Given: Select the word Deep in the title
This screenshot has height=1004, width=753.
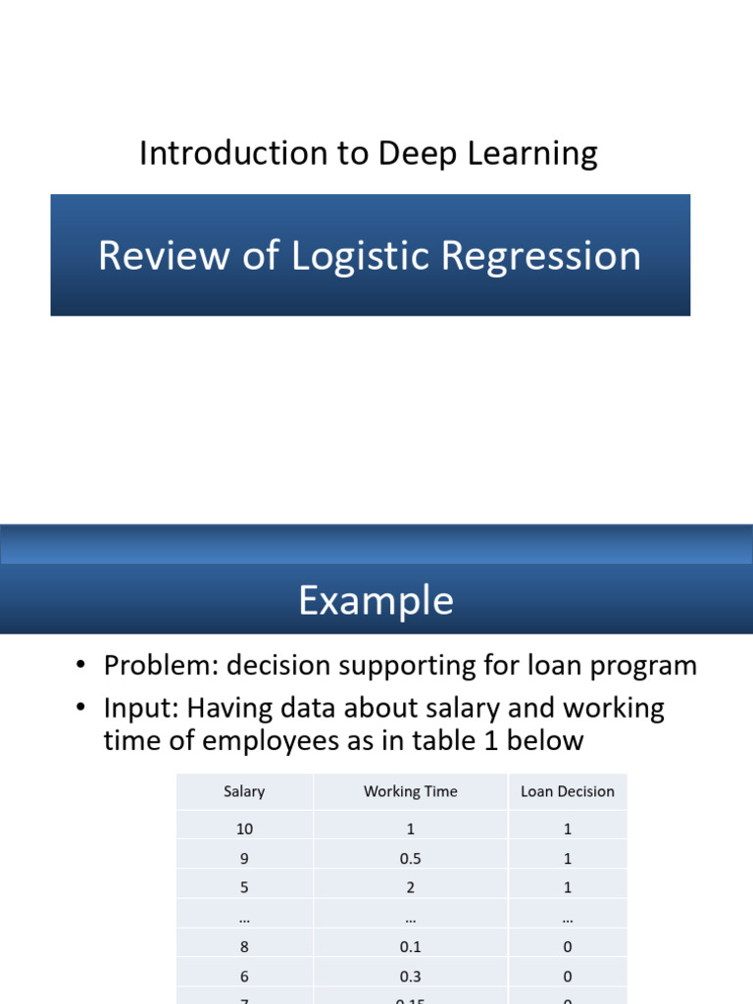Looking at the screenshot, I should pos(409,154).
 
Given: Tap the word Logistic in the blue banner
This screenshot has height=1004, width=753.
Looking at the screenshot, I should pos(363,256).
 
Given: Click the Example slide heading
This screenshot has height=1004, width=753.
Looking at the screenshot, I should pos(376,600).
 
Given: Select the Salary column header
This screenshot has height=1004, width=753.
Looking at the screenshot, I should pos(244,791).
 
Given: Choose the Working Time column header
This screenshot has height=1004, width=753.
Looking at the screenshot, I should pos(410,791).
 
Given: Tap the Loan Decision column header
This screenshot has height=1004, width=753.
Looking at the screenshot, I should pos(568,791).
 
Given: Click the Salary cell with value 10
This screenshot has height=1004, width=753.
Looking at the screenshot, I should pos(244,828).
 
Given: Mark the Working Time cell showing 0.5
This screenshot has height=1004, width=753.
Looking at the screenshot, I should pos(410,858).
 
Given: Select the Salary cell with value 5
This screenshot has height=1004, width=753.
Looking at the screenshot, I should pos(244,887).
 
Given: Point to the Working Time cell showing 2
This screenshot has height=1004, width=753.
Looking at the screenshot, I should pos(410,887).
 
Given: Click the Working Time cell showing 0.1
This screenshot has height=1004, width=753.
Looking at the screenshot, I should pos(410,947).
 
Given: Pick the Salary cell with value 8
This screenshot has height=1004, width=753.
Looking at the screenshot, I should pos(244,947).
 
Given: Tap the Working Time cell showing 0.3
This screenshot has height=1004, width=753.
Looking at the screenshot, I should pos(410,977).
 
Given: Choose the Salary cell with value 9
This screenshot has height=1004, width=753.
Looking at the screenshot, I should pos(244,858).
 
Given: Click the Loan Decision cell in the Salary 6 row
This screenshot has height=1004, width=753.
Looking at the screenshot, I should pos(568,977).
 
